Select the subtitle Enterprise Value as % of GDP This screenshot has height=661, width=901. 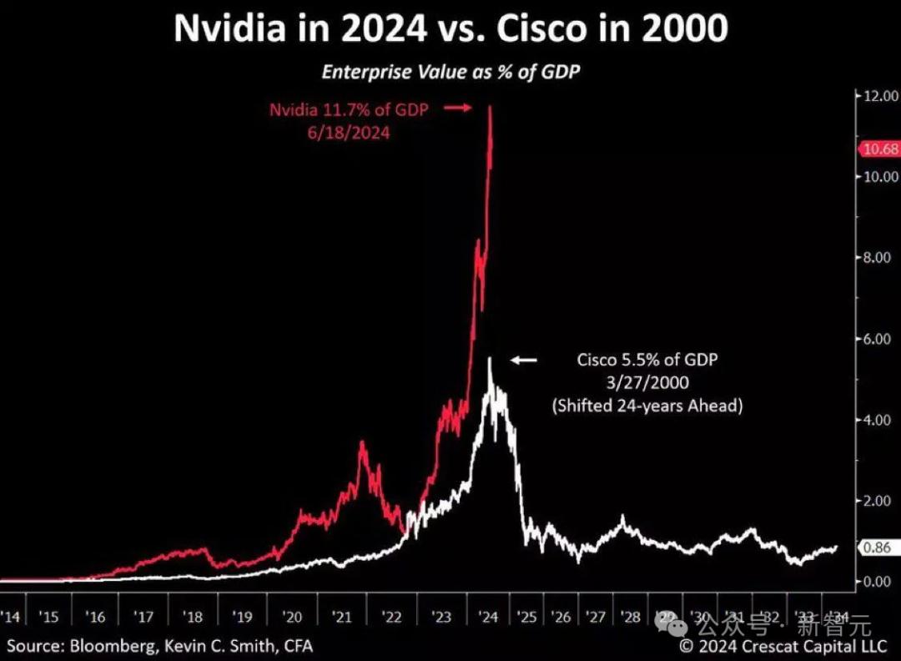pyautogui.click(x=450, y=72)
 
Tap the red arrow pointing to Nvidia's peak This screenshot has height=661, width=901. pyautogui.click(x=458, y=108)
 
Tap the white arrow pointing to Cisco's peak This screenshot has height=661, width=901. pyautogui.click(x=525, y=360)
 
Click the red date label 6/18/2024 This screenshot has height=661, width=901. pyautogui.click(x=347, y=132)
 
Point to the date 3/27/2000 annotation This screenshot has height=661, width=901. pyautogui.click(x=647, y=383)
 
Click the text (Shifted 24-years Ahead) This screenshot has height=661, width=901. pyautogui.click(x=647, y=406)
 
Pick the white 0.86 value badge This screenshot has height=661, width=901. pyautogui.click(x=876, y=548)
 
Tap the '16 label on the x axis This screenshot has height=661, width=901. pyautogui.click(x=96, y=617)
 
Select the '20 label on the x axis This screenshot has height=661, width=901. pyautogui.click(x=292, y=617)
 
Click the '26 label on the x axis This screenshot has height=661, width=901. pyautogui.click(x=560, y=617)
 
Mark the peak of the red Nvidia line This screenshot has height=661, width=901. pyautogui.click(x=490, y=107)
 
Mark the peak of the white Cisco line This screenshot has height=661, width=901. pyautogui.click(x=490, y=358)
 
